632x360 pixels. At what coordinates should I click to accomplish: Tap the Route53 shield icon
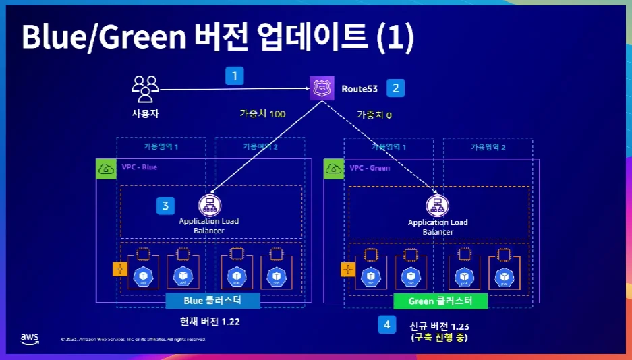click(x=320, y=88)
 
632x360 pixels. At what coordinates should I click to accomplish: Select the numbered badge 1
click(x=234, y=76)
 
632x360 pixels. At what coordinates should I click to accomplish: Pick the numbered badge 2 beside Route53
click(x=395, y=88)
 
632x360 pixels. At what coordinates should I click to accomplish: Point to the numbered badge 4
click(x=386, y=325)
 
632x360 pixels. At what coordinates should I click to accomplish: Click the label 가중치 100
click(x=262, y=114)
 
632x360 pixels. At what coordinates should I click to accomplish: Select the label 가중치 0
click(x=374, y=115)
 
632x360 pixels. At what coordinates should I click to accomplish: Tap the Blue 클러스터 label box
click(x=212, y=300)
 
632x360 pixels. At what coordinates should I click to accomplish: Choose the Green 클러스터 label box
click(x=440, y=301)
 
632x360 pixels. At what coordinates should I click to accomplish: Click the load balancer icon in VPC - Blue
click(x=210, y=205)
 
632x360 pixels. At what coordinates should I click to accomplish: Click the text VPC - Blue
click(x=139, y=167)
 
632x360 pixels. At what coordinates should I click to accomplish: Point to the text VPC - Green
click(x=370, y=168)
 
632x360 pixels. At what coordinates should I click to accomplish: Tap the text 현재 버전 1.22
click(x=210, y=322)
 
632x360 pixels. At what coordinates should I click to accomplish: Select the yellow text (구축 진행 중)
click(x=438, y=337)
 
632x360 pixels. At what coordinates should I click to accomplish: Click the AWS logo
click(x=30, y=338)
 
